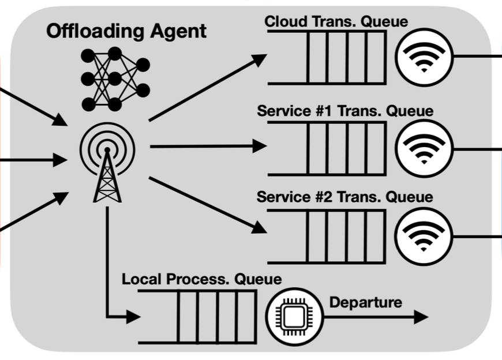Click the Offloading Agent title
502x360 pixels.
click(x=126, y=31)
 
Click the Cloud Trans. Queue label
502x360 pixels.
click(x=336, y=21)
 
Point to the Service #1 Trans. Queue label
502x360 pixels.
click(x=345, y=111)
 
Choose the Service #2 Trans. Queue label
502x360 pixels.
click(x=345, y=197)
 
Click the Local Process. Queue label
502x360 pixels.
click(x=202, y=279)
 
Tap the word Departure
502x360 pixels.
click(x=366, y=302)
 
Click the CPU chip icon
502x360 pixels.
click(x=294, y=317)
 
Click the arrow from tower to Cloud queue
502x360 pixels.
click(x=208, y=88)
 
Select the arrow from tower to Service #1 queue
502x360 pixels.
click(x=208, y=146)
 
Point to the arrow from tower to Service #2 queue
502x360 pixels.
click(x=208, y=205)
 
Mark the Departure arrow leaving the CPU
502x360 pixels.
click(x=376, y=317)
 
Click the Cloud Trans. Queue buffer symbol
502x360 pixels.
click(x=327, y=57)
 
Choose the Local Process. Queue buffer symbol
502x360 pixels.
click(x=197, y=317)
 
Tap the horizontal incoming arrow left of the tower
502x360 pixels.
click(x=33, y=160)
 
